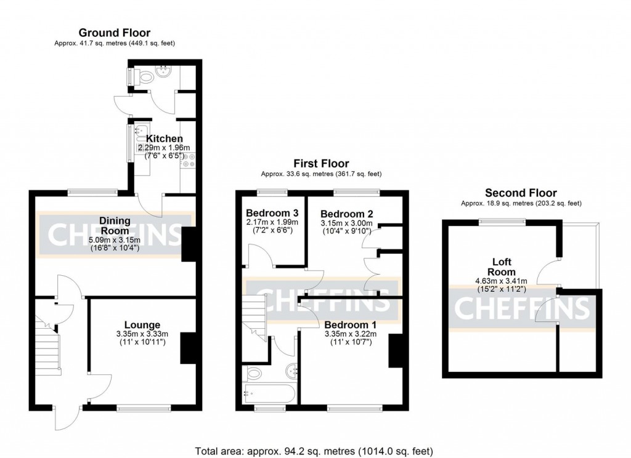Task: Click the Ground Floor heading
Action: pyautogui.click(x=114, y=33)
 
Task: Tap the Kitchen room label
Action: pyautogui.click(x=164, y=139)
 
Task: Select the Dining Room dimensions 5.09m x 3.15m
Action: pyautogui.click(x=114, y=241)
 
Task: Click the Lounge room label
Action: pyautogui.click(x=142, y=325)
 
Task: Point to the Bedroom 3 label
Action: pyautogui.click(x=272, y=213)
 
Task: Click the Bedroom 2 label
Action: pyautogui.click(x=346, y=214)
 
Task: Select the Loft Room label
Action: pyautogui.click(x=502, y=267)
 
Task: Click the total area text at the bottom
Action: pyautogui.click(x=314, y=451)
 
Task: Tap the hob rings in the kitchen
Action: pyautogui.click(x=189, y=159)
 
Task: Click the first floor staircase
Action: pyautogui.click(x=254, y=317)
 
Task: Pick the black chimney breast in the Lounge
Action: pyautogui.click(x=188, y=348)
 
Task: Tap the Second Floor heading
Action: pyautogui.click(x=521, y=193)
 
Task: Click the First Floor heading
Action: pyautogui.click(x=321, y=163)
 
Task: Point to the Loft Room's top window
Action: pyautogui.click(x=502, y=222)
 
